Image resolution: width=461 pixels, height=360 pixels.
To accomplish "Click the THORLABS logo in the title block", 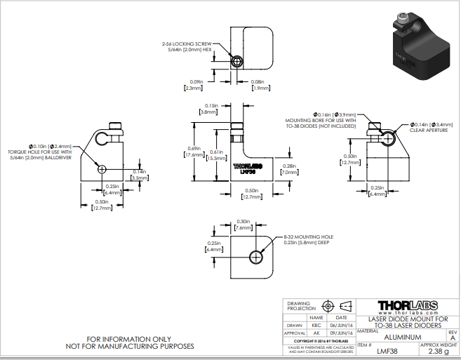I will point(408,306).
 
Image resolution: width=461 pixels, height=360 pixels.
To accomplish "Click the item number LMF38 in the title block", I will point(387,352).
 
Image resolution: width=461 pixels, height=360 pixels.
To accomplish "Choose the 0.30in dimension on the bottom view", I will point(244,222).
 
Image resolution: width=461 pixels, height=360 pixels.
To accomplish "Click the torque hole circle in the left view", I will point(103,169).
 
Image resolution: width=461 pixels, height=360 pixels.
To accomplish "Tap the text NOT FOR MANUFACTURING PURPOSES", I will point(130,346).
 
